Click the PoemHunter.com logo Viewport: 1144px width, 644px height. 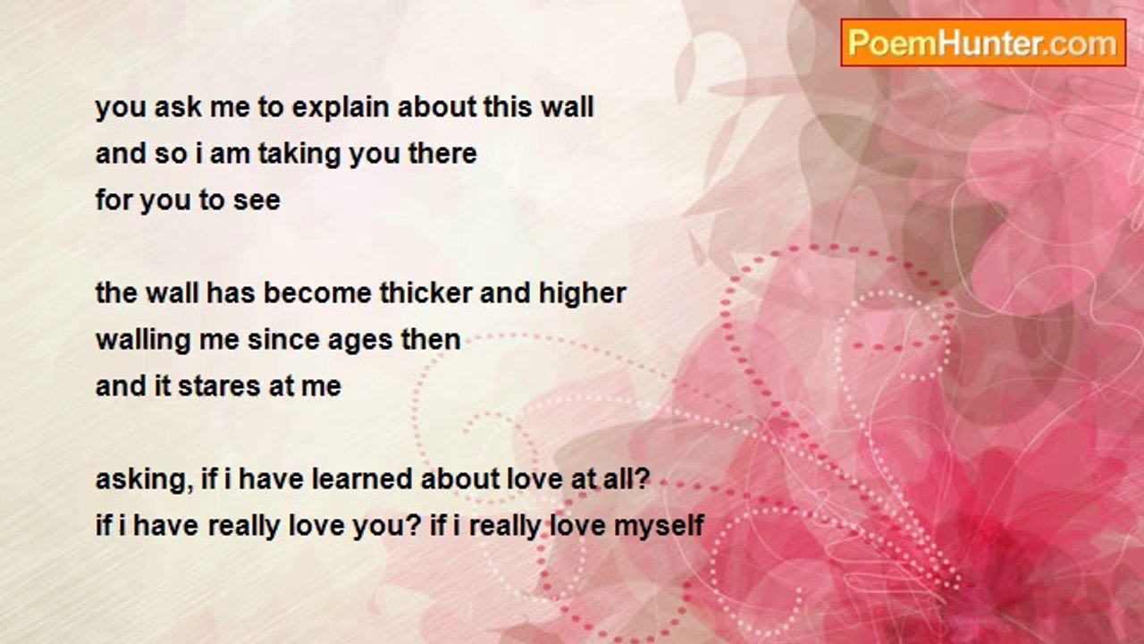point(983,43)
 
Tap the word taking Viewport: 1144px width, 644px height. point(299,155)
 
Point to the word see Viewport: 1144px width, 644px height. point(257,201)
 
